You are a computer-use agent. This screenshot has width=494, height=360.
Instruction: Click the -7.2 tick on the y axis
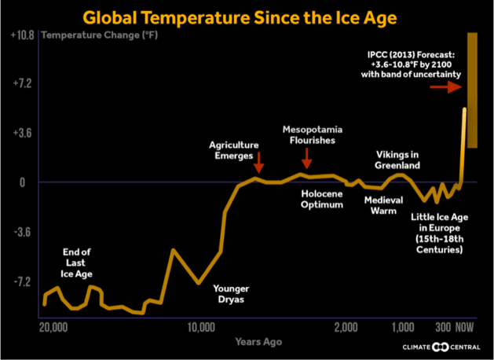pos(21,281)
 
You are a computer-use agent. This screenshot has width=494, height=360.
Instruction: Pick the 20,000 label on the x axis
pos(53,327)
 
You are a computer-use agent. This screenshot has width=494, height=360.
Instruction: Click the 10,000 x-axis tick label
pos(203,327)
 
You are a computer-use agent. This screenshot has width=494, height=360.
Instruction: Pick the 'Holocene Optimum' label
pos(323,199)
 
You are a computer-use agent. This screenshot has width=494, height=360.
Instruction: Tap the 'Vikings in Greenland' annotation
pos(398,160)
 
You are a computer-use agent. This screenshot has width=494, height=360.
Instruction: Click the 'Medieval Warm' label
pos(384,205)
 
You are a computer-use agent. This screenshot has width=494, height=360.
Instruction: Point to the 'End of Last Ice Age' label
pos(77,262)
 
